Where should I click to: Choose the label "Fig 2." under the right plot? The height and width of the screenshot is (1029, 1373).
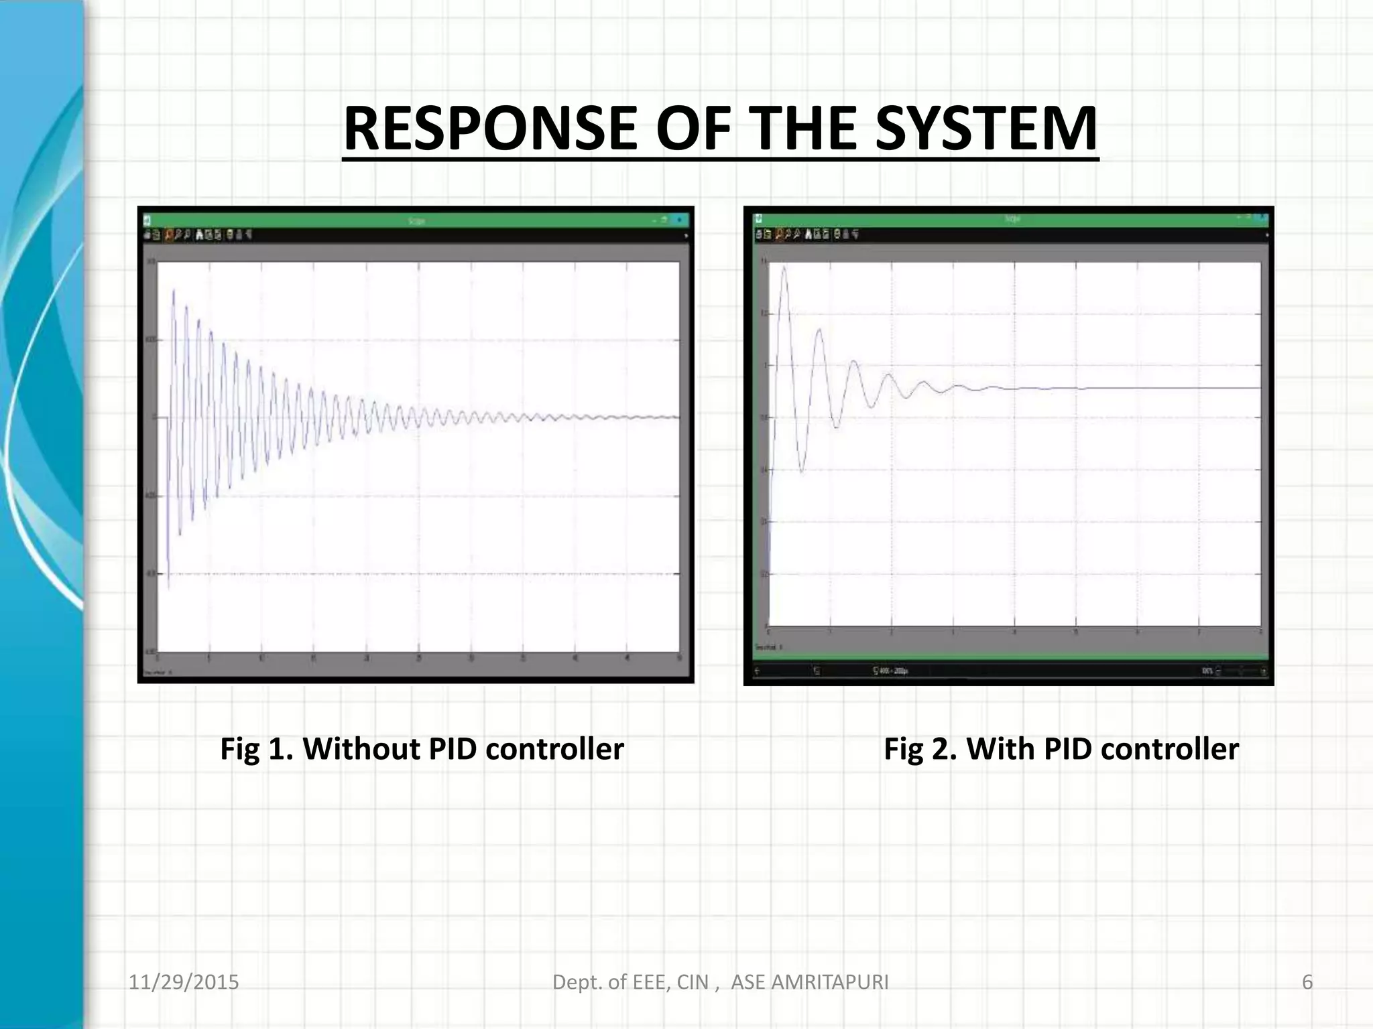tap(920, 749)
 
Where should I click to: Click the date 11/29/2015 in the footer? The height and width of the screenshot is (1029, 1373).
tap(184, 982)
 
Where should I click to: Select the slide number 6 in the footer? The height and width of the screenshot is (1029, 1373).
tap(1307, 982)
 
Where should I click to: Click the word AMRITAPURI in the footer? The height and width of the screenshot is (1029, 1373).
tap(831, 982)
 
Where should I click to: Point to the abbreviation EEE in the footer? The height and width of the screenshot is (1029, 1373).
tap(640, 982)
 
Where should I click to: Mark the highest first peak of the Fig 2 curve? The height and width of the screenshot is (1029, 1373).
tap(784, 267)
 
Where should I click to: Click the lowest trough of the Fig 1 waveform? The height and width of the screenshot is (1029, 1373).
tap(168, 588)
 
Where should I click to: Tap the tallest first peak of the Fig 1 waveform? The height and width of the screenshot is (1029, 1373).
tap(174, 290)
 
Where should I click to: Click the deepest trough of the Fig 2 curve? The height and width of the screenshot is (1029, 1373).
tap(802, 472)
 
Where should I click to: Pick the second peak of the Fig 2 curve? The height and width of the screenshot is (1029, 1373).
tap(819, 329)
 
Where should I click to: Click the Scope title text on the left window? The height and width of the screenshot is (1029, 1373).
tap(416, 220)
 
